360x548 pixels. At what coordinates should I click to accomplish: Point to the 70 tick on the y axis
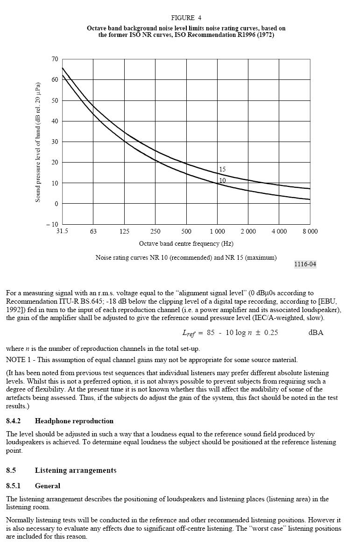coord(55,59)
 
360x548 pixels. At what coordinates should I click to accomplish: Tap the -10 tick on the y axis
coord(52,224)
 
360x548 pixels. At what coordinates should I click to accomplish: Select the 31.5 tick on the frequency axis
coord(62,232)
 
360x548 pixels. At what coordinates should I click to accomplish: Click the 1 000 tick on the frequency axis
coord(217,232)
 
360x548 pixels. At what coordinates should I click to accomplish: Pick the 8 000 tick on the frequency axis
coord(310,232)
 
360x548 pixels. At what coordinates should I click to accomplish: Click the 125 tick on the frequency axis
coord(124,232)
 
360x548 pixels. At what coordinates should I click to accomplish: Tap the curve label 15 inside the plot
coord(223,170)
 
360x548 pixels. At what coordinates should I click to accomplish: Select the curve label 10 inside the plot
coord(223,180)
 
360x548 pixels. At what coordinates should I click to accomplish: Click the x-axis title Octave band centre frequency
coord(186,244)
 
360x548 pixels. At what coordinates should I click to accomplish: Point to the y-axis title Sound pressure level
coord(38,142)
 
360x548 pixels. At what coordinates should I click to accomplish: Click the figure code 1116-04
coord(305,264)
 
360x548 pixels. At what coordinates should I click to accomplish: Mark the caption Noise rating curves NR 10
coord(186,258)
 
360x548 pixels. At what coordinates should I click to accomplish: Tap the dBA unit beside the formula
coord(316,333)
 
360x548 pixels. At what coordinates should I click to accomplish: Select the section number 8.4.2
coord(15,421)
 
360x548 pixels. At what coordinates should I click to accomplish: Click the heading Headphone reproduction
coord(74,421)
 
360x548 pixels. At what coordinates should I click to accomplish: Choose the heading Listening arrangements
coord(76,470)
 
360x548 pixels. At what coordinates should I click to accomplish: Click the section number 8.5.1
coord(15,486)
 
